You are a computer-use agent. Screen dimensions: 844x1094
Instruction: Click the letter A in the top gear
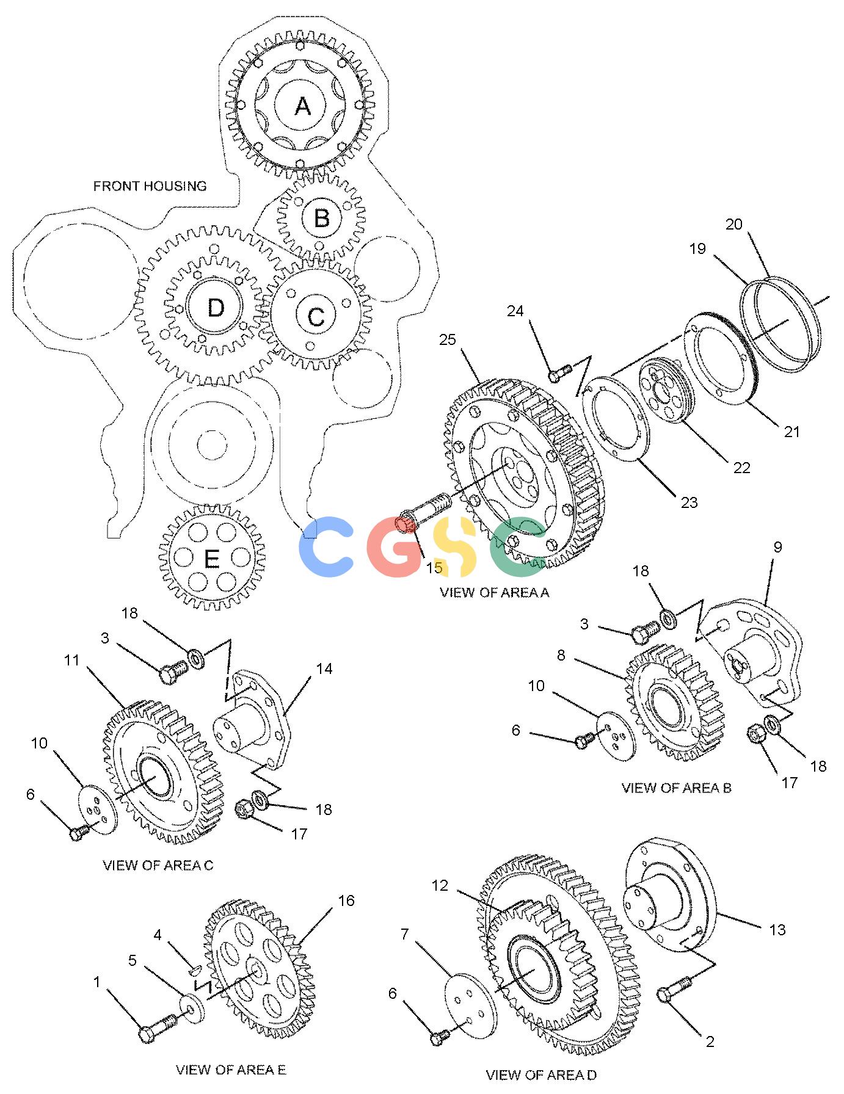coord(302,106)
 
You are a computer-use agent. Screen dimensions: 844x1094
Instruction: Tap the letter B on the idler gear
coord(322,218)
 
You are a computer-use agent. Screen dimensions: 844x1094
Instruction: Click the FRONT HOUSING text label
coord(150,186)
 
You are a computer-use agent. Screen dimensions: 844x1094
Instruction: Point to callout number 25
coord(448,339)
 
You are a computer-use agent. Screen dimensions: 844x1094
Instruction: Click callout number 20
coord(733,224)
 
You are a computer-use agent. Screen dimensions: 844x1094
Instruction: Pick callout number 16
coord(346,900)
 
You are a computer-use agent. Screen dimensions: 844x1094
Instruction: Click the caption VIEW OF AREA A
coord(495,592)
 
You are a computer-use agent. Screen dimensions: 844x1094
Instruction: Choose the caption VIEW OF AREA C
coord(158,865)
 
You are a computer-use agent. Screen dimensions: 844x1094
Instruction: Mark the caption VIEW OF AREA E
coord(231,1069)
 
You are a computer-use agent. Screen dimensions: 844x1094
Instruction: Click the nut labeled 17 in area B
coord(757,734)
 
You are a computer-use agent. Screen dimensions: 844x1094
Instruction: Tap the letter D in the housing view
coord(216,308)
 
